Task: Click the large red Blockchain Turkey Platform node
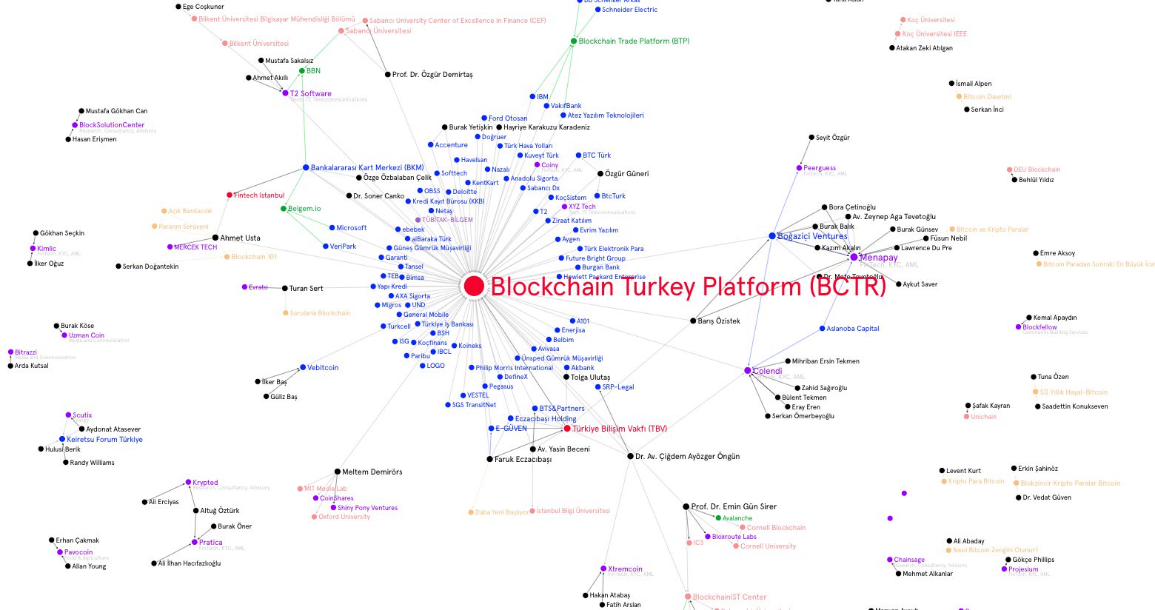click(474, 286)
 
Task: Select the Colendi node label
click(767, 371)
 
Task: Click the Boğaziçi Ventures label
click(812, 236)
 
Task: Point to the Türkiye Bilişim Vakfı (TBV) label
click(620, 429)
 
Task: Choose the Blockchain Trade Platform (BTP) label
click(634, 41)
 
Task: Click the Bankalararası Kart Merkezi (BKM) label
click(367, 168)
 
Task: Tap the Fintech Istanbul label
click(259, 195)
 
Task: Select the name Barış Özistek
click(718, 321)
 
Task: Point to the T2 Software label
click(310, 94)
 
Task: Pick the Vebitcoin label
click(323, 368)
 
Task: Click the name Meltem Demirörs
click(372, 472)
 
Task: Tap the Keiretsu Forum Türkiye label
click(104, 440)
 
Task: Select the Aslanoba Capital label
click(853, 329)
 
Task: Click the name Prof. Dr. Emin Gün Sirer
click(734, 507)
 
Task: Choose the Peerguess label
click(820, 169)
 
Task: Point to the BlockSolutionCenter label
click(112, 125)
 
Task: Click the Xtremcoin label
click(625, 569)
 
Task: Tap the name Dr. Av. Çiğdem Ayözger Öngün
click(687, 457)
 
